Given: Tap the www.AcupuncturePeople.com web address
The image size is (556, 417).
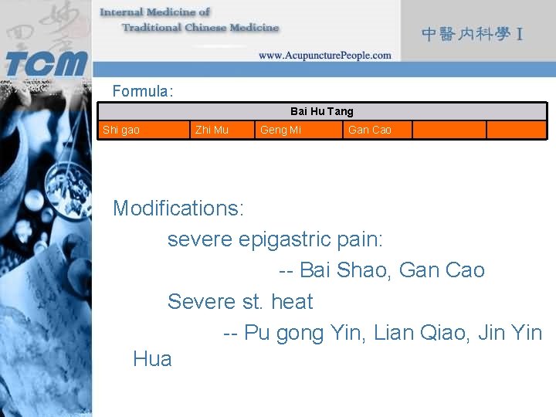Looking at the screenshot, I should [324, 56].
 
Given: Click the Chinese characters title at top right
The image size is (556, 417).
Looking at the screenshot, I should [473, 34].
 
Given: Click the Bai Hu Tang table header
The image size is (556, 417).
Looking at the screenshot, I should [322, 111].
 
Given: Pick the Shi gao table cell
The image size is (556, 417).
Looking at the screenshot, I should [121, 130].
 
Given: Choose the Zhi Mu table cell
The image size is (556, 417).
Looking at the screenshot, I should [212, 130].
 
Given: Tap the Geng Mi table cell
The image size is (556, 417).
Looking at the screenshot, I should [280, 130].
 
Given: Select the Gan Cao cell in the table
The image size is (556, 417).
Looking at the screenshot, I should [370, 130].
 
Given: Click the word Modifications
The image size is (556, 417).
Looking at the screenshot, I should [178, 208].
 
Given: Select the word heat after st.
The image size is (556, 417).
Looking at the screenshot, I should [292, 301].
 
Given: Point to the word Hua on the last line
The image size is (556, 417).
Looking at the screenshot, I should [152, 359].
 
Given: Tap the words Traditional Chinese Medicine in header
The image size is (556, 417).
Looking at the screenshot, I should [200, 28].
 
